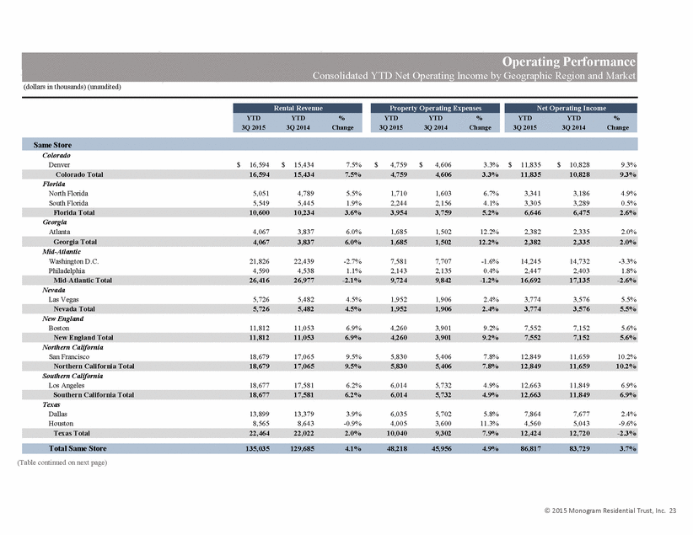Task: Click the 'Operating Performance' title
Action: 569,62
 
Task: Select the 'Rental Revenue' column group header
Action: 298,108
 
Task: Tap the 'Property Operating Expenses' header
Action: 435,108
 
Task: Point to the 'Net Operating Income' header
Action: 571,108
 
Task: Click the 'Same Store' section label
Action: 52,145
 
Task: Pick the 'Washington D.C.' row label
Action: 74,261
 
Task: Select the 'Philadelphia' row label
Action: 67,270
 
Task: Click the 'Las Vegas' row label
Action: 63,300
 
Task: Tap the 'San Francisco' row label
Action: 69,357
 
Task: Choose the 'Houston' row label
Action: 61,424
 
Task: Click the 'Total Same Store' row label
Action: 78,448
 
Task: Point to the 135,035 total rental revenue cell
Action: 257,448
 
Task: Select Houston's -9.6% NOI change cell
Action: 628,424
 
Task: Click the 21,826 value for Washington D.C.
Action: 260,261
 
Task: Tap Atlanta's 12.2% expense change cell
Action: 490,232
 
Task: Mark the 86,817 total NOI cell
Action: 530,448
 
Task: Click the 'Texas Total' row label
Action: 72,433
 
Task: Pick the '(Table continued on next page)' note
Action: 62,463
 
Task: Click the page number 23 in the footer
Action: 672,511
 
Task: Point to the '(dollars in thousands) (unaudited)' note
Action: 72,87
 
